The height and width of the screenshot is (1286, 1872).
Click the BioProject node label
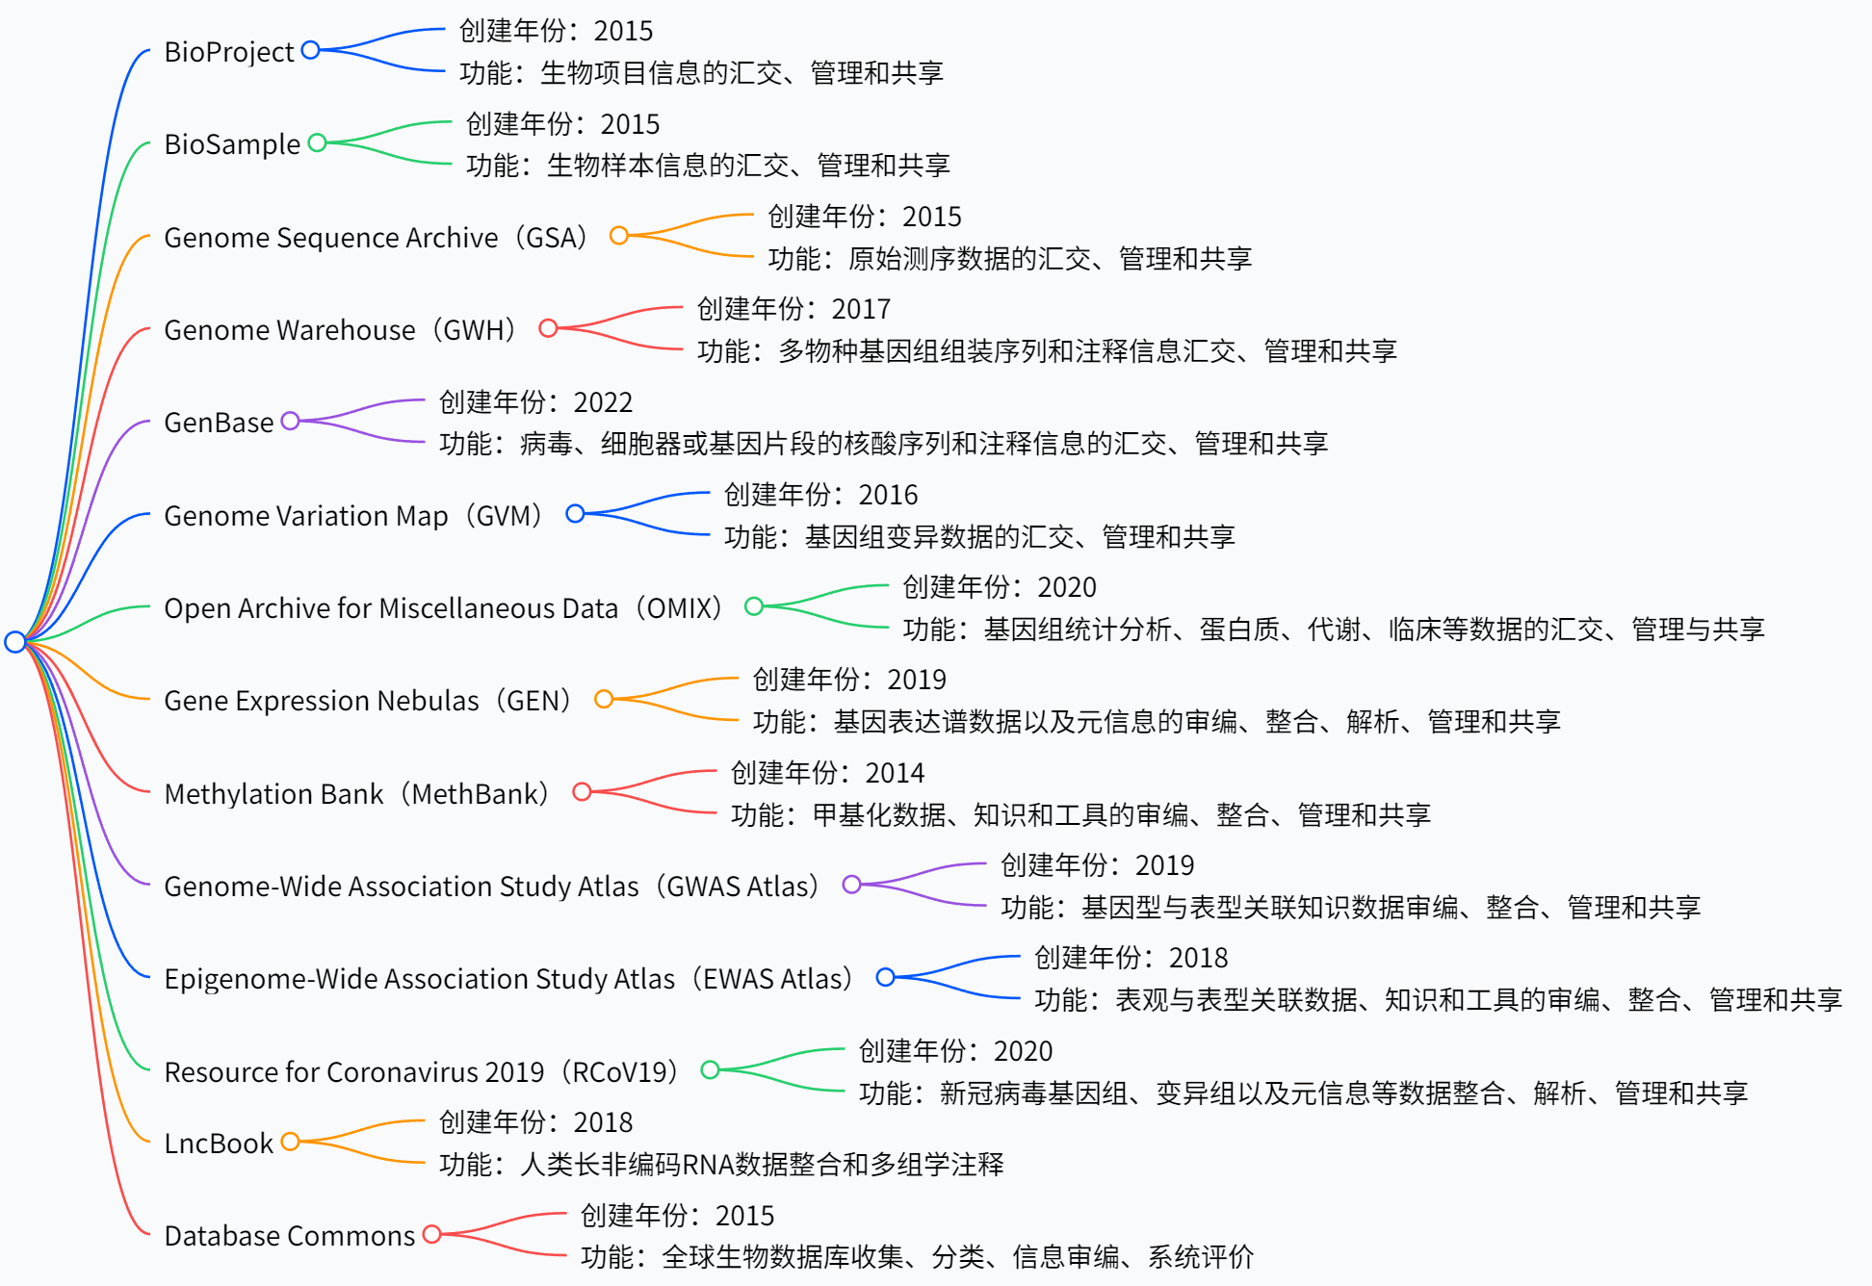(x=228, y=51)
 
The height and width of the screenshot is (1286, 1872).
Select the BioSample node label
(x=232, y=144)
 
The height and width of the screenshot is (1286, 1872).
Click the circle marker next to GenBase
(x=290, y=421)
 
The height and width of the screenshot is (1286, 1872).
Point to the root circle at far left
(x=14, y=641)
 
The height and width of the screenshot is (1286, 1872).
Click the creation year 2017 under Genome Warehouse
(x=861, y=309)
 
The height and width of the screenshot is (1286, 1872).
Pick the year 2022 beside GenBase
(x=603, y=401)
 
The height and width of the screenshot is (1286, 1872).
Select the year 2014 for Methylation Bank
(x=895, y=772)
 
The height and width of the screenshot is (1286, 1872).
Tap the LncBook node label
(x=219, y=1143)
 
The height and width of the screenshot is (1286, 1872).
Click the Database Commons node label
(x=289, y=1235)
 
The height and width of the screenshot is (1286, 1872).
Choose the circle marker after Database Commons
(x=431, y=1234)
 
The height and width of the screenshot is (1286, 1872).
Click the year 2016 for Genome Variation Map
(x=888, y=495)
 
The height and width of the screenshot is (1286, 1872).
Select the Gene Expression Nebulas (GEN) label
(x=368, y=700)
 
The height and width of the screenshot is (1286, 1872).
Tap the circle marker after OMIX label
(x=754, y=606)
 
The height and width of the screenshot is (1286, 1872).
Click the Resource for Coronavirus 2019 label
(x=421, y=1071)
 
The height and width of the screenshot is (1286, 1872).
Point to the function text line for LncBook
(x=721, y=1165)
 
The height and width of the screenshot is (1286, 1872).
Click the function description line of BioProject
(x=701, y=72)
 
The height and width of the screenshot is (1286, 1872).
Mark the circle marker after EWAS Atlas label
(x=885, y=977)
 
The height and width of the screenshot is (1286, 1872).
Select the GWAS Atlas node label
(x=491, y=886)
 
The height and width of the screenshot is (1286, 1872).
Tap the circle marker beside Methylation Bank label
(x=582, y=791)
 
